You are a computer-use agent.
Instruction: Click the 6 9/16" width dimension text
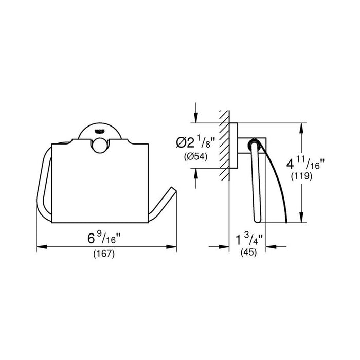[x=104, y=238]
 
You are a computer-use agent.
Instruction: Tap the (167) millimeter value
[x=104, y=254]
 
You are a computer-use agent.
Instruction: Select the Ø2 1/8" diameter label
[x=195, y=142]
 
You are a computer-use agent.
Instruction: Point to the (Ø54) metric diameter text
[x=195, y=157]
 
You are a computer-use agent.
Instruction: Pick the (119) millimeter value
[x=302, y=176]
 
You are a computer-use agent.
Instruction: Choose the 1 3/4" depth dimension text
[x=248, y=239]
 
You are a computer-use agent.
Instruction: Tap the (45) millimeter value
[x=248, y=252]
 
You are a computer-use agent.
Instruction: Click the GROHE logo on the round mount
[x=99, y=131]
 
